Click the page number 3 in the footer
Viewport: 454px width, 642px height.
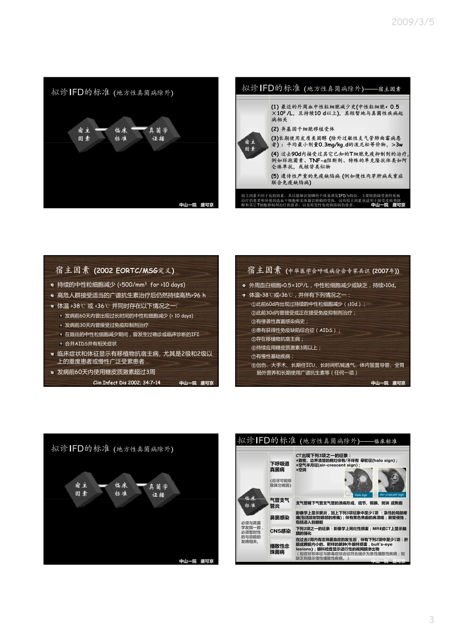pyautogui.click(x=431, y=620)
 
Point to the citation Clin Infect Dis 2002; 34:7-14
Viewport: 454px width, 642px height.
pyautogui.click(x=127, y=383)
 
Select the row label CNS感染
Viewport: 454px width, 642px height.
pyautogui.click(x=280, y=531)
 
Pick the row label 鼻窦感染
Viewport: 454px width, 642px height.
pyautogui.click(x=280, y=517)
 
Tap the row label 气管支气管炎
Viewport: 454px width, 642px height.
pyautogui.click(x=280, y=503)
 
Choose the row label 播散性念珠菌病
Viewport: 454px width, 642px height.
pyautogui.click(x=280, y=549)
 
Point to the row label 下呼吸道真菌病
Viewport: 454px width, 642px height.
pyautogui.click(x=280, y=467)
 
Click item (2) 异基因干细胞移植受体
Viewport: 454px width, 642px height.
pyautogui.click(x=303, y=129)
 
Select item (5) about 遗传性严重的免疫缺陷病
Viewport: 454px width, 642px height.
pyautogui.click(x=337, y=179)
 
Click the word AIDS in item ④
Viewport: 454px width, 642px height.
pyautogui.click(x=326, y=330)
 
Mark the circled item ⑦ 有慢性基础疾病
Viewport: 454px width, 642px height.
pyautogui.click(x=272, y=356)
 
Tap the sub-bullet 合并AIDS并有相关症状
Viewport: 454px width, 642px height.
pyautogui.click(x=91, y=343)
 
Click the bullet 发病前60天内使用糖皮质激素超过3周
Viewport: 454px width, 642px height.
pyautogui.click(x=106, y=372)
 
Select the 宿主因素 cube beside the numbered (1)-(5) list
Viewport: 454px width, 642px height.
pyautogui.click(x=250, y=145)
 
